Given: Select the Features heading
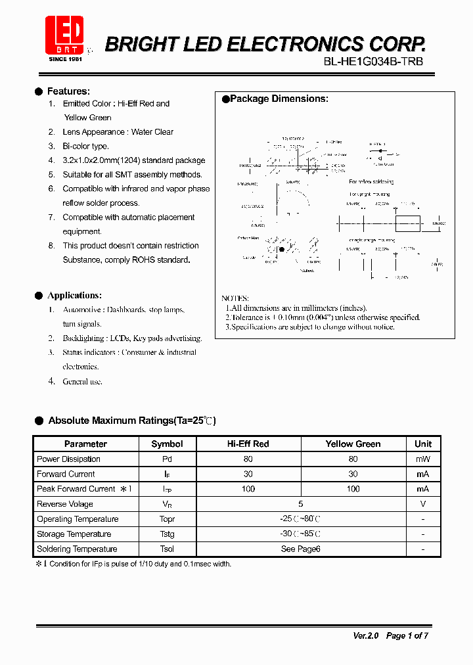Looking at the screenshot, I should [x=68, y=91].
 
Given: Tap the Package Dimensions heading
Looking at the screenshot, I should [x=279, y=99].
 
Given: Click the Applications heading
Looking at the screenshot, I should [x=74, y=296].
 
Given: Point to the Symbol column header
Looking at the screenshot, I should [x=167, y=444].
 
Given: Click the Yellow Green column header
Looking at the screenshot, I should [x=353, y=444].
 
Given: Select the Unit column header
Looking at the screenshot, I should [x=423, y=444].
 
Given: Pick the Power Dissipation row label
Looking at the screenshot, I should [x=68, y=459].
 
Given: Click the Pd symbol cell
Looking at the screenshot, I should [x=167, y=459].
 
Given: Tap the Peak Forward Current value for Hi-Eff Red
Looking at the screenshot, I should [x=248, y=489].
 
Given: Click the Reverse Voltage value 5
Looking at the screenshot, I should [x=301, y=504].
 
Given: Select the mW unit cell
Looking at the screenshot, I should [x=423, y=459].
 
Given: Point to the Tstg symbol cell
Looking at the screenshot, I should [x=167, y=534].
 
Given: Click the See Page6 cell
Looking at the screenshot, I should [x=300, y=549].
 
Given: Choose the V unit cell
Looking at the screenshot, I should [x=423, y=504].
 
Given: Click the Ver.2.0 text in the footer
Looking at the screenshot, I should [x=366, y=635].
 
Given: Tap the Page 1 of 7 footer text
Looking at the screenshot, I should [x=407, y=635].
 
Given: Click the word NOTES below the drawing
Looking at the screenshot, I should [x=235, y=298].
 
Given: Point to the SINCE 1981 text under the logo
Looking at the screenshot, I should [x=65, y=59].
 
